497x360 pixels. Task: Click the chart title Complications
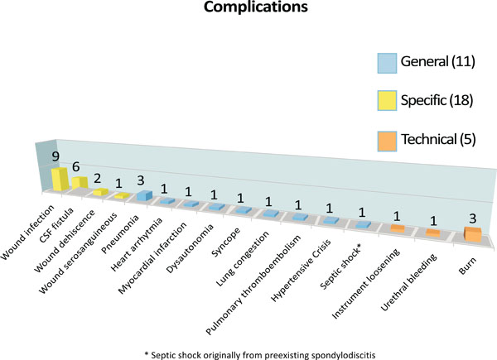(255, 7)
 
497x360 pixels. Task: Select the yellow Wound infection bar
(60, 179)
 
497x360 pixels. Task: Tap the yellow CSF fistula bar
(80, 183)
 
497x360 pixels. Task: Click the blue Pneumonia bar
(144, 195)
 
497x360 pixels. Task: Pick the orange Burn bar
(473, 234)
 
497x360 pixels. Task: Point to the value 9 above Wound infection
(55, 156)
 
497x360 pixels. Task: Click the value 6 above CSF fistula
(75, 166)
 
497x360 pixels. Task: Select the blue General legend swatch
(387, 64)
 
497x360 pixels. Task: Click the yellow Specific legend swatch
(387, 101)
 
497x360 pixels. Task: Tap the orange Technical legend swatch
(387, 142)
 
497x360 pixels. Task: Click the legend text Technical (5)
(438, 139)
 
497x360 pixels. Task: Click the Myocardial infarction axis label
(152, 258)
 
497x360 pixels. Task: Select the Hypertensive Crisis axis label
(301, 270)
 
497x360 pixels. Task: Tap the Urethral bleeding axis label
(409, 282)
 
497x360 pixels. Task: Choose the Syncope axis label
(226, 242)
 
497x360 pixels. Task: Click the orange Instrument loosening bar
(398, 228)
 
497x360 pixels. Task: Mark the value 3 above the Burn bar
(473, 218)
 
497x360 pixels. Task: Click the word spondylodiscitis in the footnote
(344, 355)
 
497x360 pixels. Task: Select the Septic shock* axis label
(340, 267)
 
